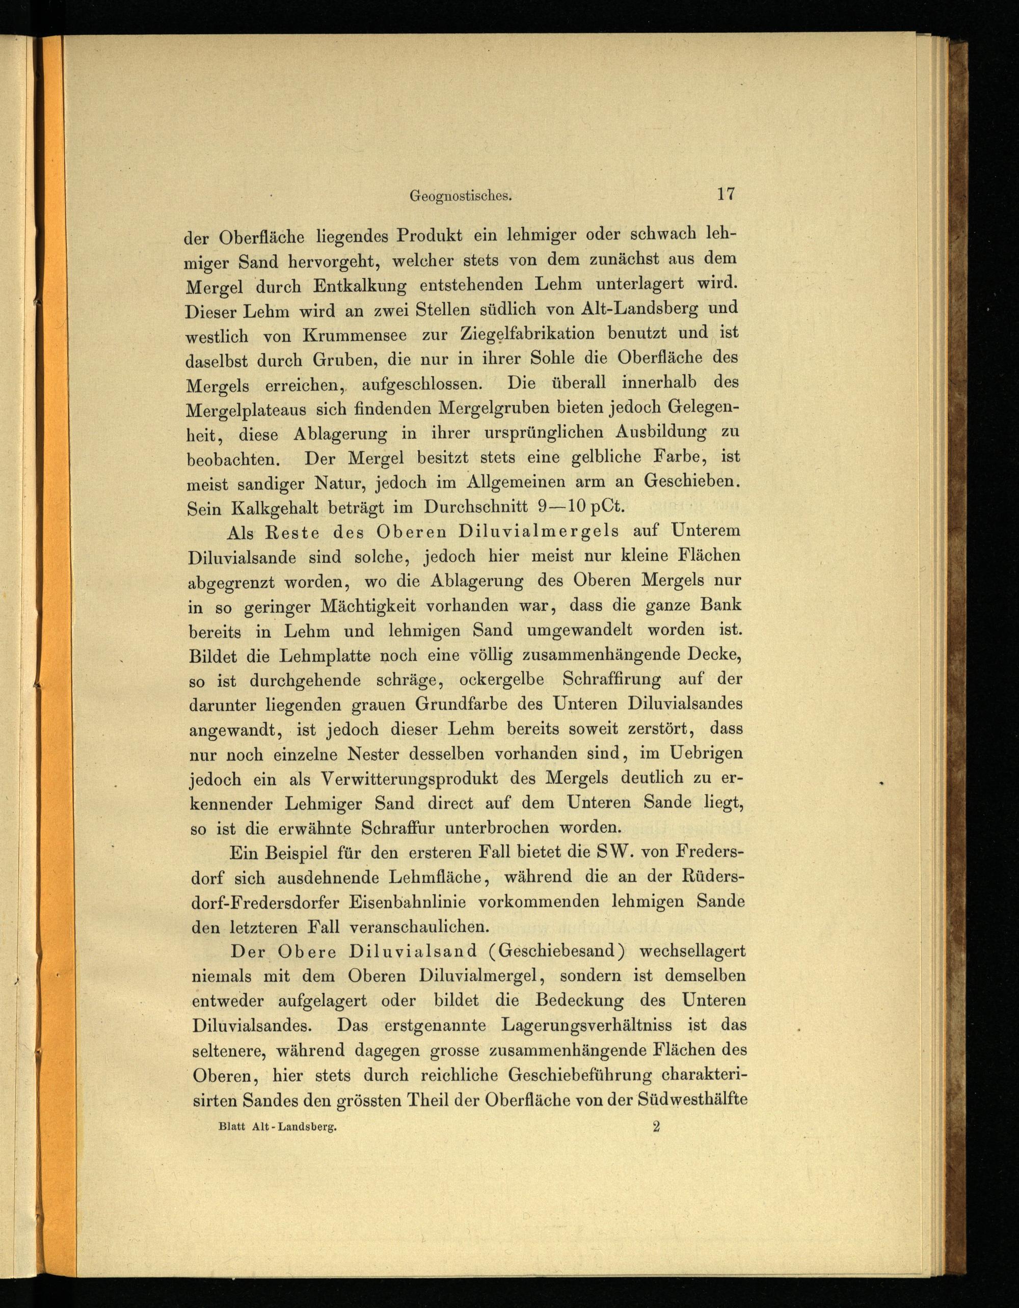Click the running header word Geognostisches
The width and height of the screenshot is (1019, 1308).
tap(461, 196)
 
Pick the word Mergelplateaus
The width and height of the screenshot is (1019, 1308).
tap(246, 410)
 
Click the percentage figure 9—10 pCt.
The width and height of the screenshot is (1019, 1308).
tap(581, 507)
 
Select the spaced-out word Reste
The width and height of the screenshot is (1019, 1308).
tap(293, 532)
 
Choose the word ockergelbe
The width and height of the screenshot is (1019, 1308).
tap(501, 680)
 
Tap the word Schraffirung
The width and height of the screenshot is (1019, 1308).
tap(611, 680)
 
